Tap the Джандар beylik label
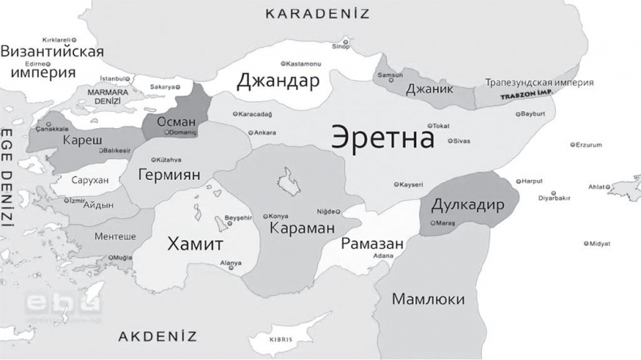coord(277,82)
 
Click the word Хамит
coord(195,242)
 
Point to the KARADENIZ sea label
coord(317,14)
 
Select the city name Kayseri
coord(410,185)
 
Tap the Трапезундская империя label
coord(539,83)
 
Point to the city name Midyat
coord(600,243)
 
